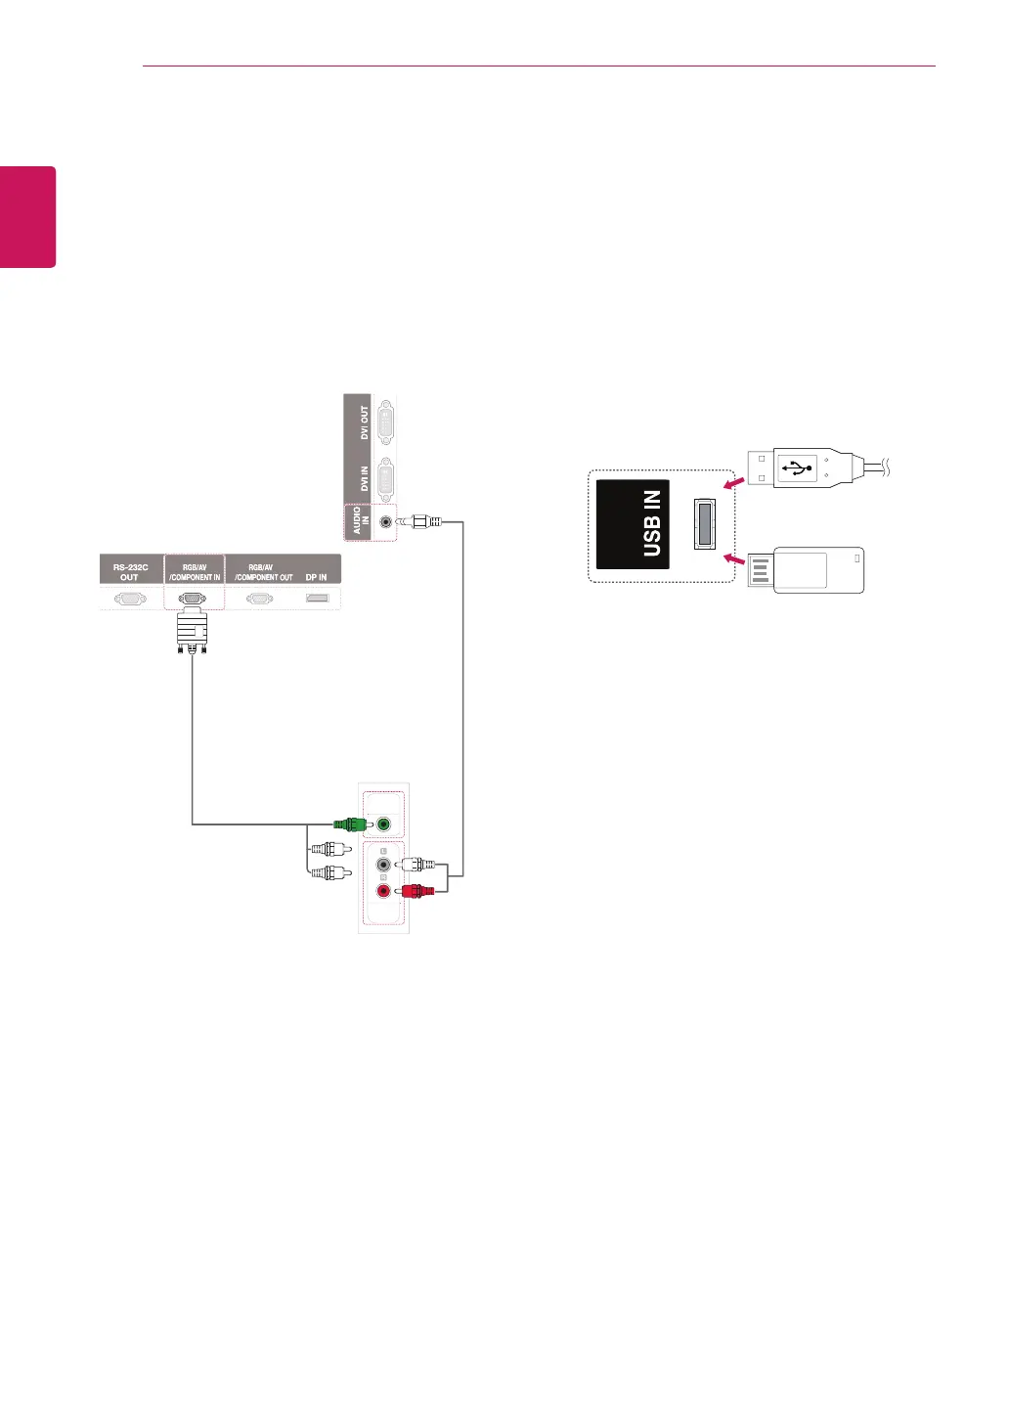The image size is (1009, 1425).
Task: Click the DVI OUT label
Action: tap(365, 423)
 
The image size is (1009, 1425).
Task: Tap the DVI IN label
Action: tap(365, 478)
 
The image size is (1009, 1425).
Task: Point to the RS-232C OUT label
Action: tap(130, 572)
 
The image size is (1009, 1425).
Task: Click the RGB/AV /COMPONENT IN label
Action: tap(195, 572)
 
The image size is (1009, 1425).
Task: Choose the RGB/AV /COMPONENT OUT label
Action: tap(262, 572)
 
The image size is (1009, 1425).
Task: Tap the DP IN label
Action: tap(316, 577)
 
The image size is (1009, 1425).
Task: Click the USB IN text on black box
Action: tap(652, 524)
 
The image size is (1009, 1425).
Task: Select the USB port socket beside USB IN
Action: tap(704, 523)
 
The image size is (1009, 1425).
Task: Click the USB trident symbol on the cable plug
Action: tap(797, 468)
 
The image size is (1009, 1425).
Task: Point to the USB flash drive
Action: tap(807, 570)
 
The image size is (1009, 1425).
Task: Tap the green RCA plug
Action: tap(349, 824)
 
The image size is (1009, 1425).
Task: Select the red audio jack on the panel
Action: tap(383, 891)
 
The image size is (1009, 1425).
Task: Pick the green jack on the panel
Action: tap(383, 824)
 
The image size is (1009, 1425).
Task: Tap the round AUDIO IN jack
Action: tap(386, 521)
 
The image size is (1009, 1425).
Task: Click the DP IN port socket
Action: tap(317, 598)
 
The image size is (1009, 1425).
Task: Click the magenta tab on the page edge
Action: tap(27, 216)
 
